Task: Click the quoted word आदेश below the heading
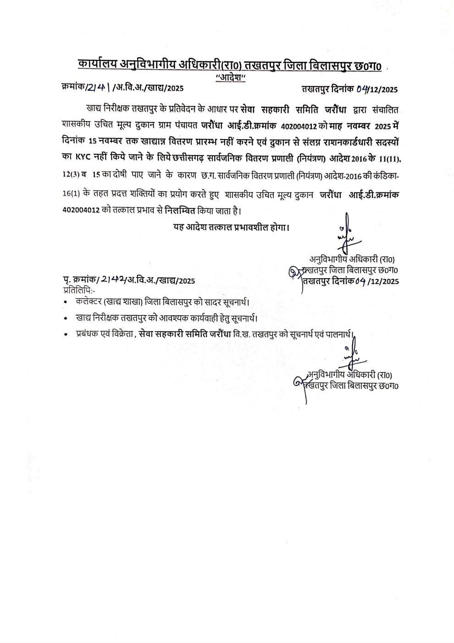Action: pyautogui.click(x=231, y=78)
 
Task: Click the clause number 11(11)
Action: pyautogui.click(x=388, y=159)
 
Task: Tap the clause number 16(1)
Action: pyautogui.click(x=72, y=195)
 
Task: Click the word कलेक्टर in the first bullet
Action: pyautogui.click(x=89, y=302)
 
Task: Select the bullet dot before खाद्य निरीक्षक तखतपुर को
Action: pyautogui.click(x=67, y=318)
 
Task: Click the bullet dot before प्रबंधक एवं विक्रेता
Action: pyautogui.click(x=67, y=335)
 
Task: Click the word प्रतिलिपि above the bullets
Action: pyautogui.click(x=78, y=289)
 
